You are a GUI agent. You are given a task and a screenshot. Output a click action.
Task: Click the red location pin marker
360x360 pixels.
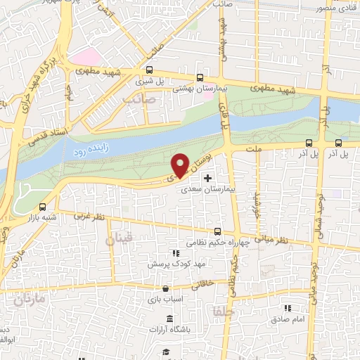[180, 165]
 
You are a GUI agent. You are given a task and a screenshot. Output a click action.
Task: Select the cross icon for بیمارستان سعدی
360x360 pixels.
[207, 179]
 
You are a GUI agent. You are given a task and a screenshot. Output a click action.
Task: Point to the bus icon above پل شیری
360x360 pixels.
[149, 70]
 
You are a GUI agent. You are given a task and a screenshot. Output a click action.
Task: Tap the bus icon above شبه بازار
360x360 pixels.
[44, 207]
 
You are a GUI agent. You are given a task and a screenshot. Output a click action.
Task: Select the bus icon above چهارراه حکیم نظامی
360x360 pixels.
[217, 231]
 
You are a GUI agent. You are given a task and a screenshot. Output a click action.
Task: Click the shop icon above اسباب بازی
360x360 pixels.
[165, 288]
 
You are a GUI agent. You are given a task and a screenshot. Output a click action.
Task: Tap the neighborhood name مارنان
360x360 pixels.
[29, 300]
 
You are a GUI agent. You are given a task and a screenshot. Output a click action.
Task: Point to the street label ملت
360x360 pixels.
[254, 149]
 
